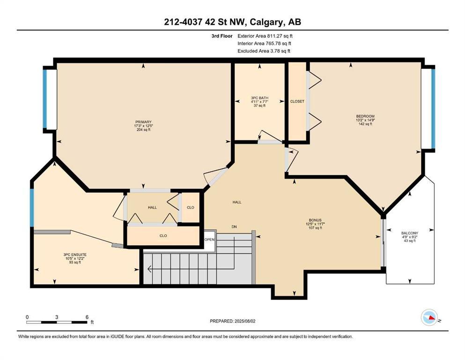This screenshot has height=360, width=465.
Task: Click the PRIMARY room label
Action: click(144, 122)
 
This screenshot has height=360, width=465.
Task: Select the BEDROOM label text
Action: click(365, 116)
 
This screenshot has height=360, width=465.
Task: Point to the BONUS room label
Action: click(314, 220)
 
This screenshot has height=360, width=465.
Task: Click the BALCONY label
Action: click(409, 233)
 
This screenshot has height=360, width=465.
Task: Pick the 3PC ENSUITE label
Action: click(75, 255)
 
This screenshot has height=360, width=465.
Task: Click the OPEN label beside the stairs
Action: click(209, 239)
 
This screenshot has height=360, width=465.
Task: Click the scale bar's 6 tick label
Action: click(87, 317)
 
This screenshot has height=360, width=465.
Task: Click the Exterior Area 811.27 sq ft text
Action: click(265, 36)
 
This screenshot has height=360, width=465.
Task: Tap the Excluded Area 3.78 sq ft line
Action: click(264, 51)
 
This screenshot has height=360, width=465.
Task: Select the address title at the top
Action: click(232, 22)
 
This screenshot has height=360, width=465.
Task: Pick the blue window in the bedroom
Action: click(433, 108)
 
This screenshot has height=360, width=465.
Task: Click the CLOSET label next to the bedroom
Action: click(297, 101)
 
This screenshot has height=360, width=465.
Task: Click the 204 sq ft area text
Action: click(144, 130)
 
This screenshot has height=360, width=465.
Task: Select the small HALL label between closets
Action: click(152, 207)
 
